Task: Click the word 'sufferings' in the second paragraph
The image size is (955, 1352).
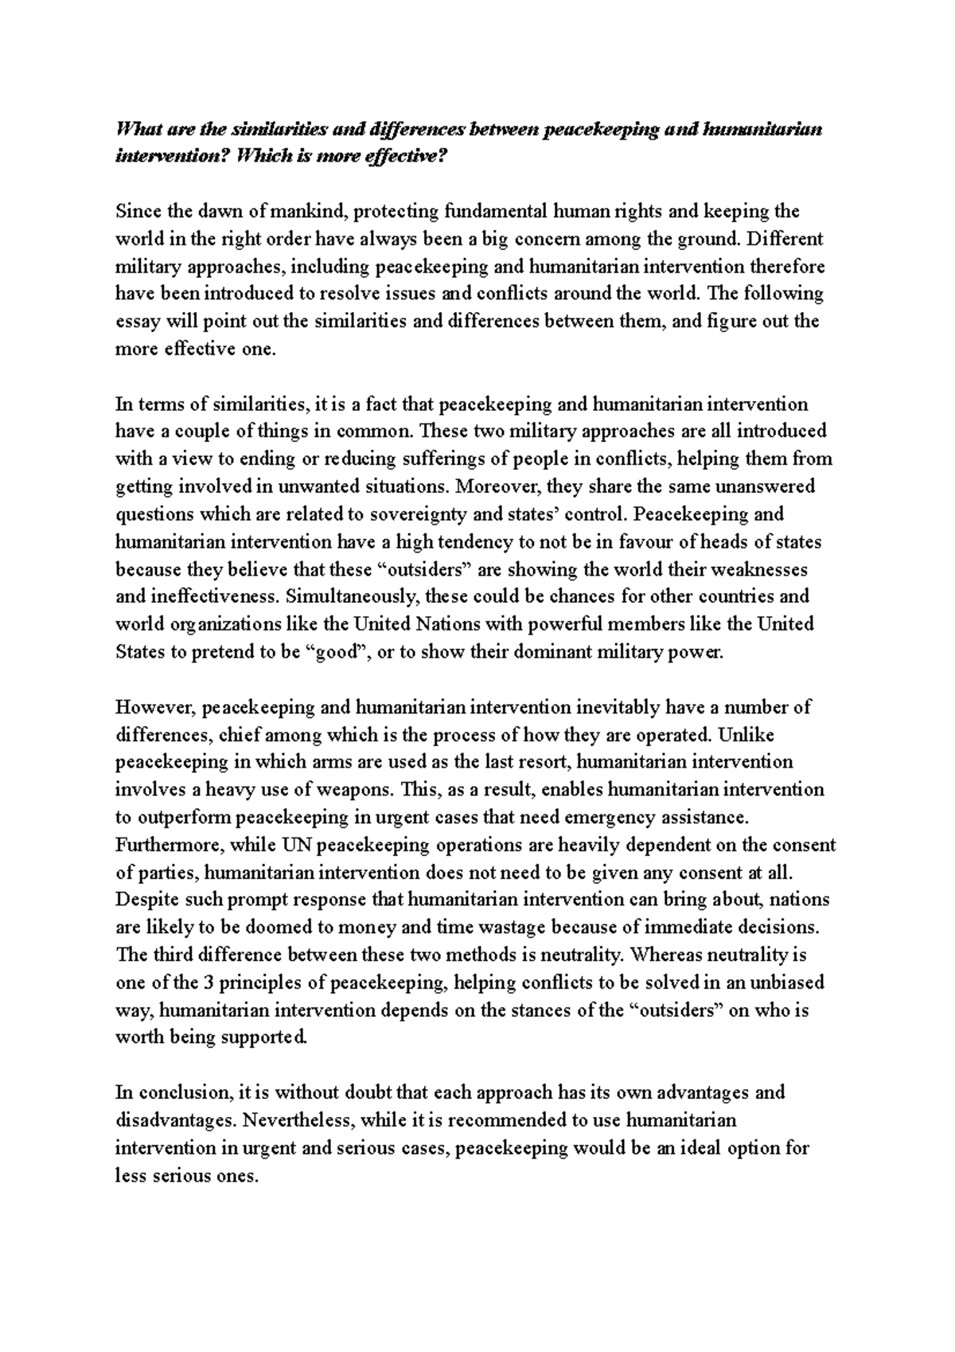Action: [x=423, y=459]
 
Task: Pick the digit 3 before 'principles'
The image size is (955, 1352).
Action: [x=204, y=983]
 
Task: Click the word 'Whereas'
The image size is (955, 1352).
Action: [x=659, y=955]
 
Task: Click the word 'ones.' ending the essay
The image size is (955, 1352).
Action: [x=237, y=1175]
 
